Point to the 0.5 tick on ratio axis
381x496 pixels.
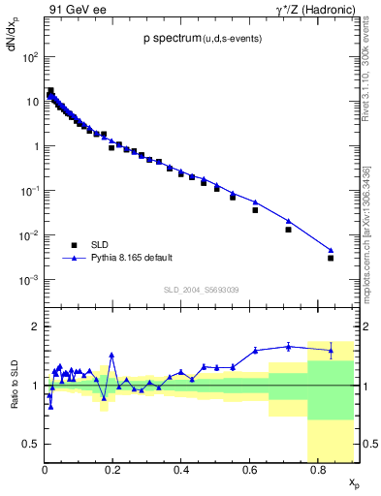click(31, 444)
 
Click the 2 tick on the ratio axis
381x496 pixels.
click(36, 326)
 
